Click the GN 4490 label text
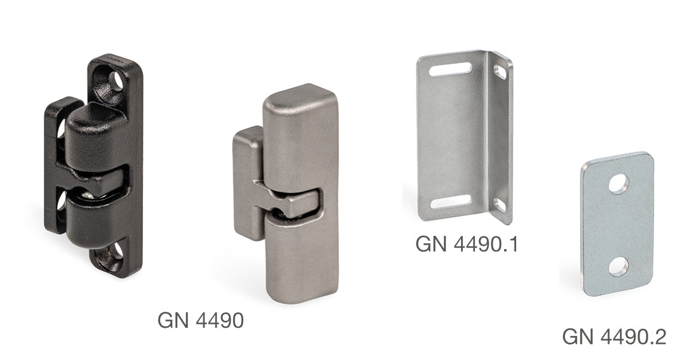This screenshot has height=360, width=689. click(x=200, y=320)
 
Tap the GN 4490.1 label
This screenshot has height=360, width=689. click(x=467, y=245)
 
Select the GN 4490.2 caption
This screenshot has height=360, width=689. click(x=614, y=337)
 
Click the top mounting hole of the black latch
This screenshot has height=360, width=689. click(x=116, y=81)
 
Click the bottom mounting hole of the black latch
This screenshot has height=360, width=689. click(x=118, y=251)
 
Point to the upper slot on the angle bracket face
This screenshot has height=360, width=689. click(x=451, y=69)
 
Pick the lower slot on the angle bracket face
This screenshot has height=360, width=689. click(x=451, y=202)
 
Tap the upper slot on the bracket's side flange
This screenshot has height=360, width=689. click(x=500, y=72)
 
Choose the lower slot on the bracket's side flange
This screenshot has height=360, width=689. click(x=500, y=205)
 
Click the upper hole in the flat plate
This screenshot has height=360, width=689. click(x=618, y=184)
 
